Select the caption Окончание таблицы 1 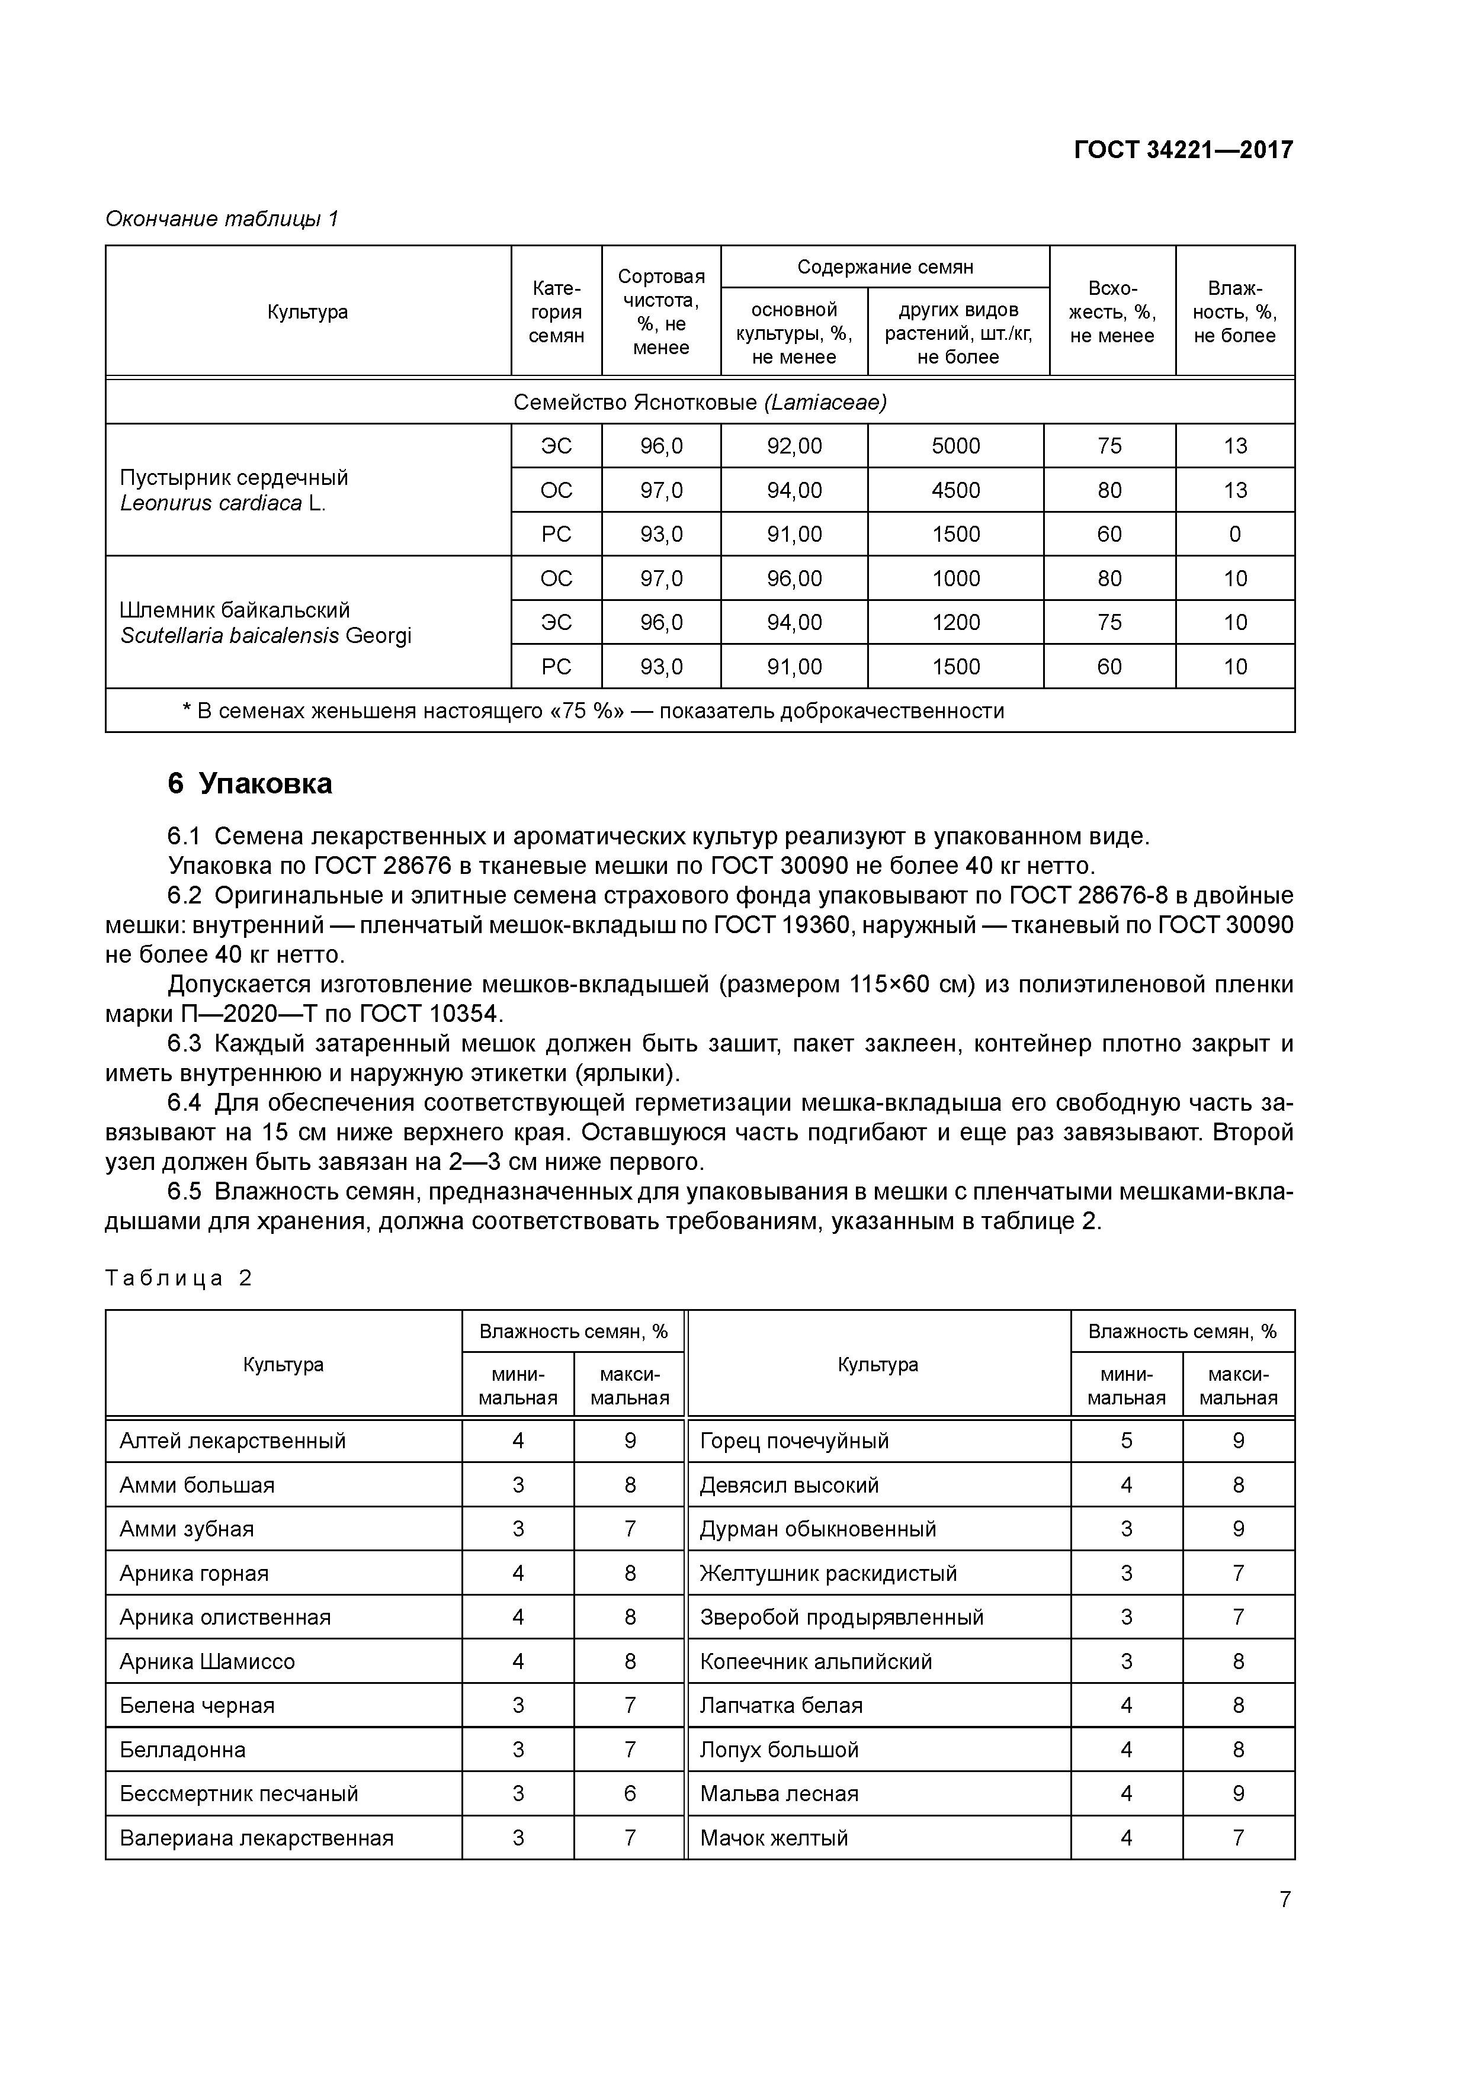pos(222,219)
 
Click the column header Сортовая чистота pos(660,311)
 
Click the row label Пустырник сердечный pos(233,478)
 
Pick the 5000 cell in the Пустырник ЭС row pos(956,446)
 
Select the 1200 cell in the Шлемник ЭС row pos(956,622)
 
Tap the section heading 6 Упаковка pos(250,783)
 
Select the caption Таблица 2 pos(178,1278)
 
